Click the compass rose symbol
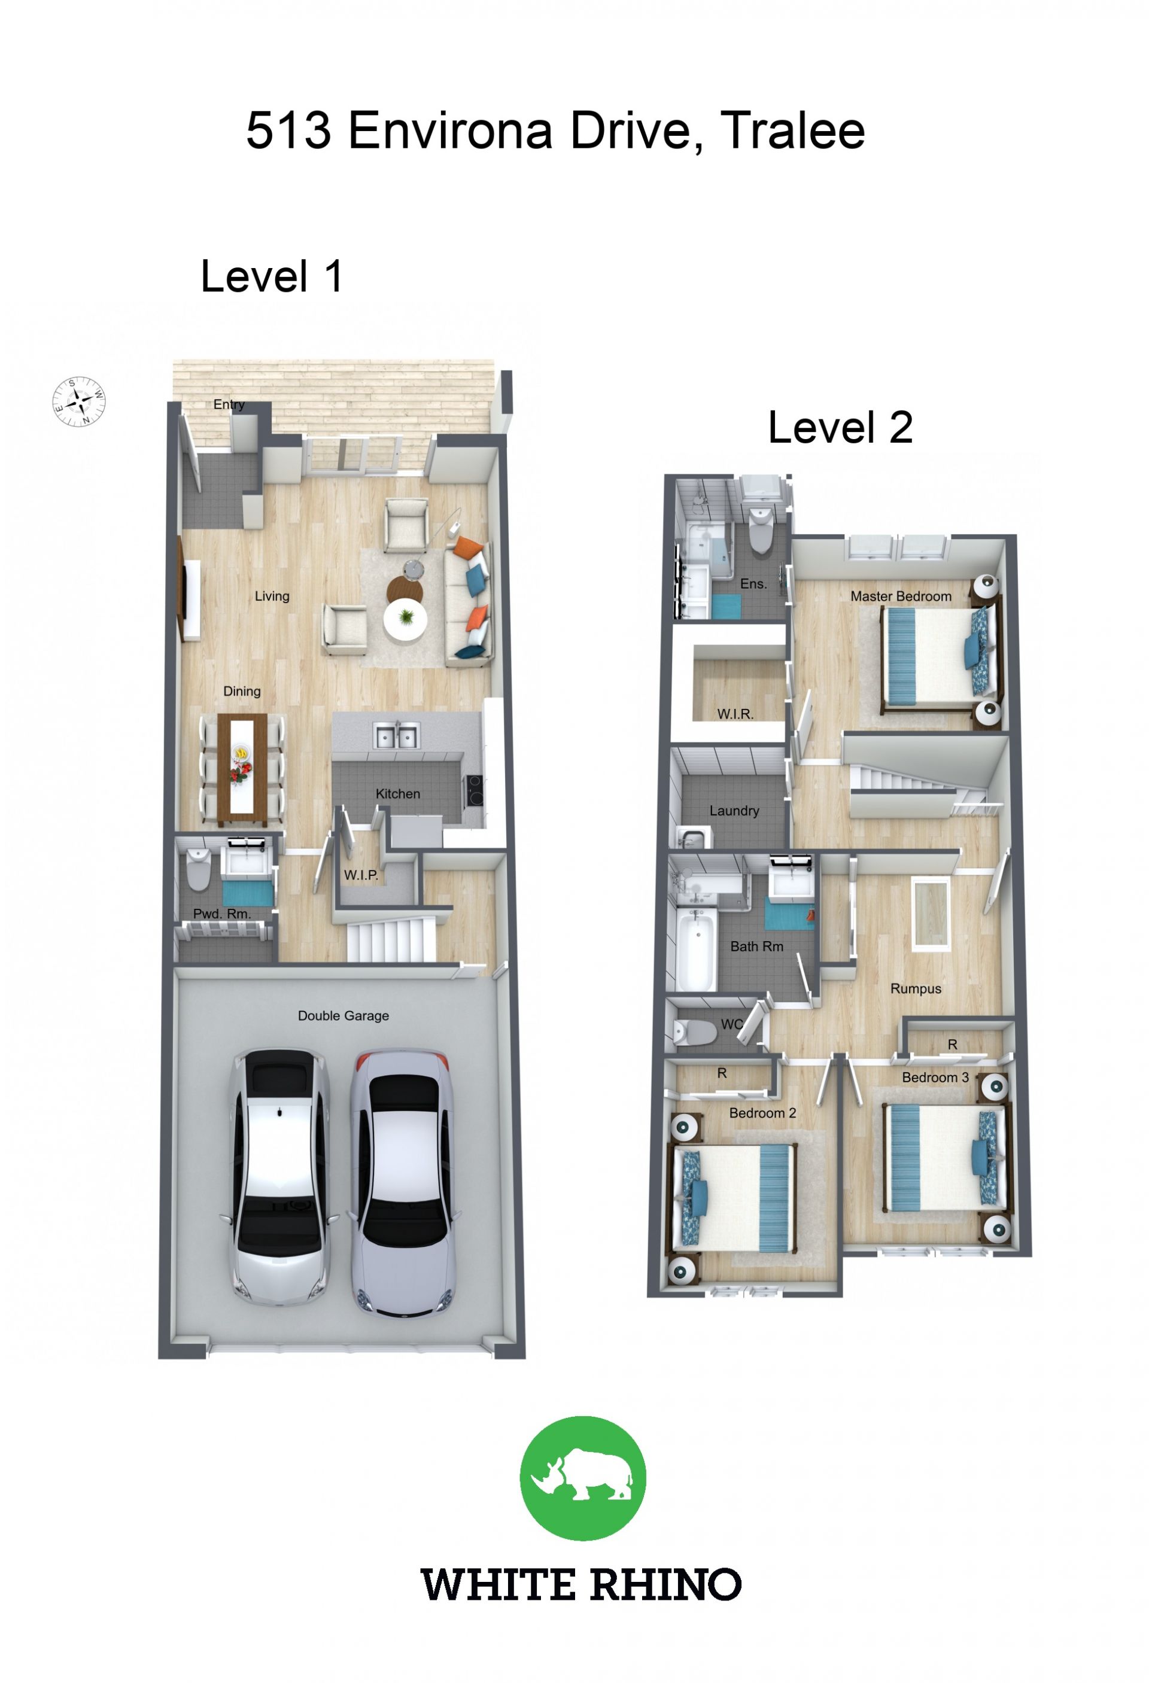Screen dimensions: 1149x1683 pyautogui.click(x=79, y=401)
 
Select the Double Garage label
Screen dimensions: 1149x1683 pyautogui.click(x=344, y=1016)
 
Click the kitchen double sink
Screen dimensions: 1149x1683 pyautogui.click(x=396, y=736)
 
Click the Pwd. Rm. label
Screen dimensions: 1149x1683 pyautogui.click(x=221, y=914)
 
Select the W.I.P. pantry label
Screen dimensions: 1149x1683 pyautogui.click(x=361, y=875)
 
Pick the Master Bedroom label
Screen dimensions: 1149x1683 pyautogui.click(x=901, y=596)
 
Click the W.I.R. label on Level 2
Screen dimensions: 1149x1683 pyautogui.click(x=735, y=714)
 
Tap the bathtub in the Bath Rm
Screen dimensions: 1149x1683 pyautogui.click(x=695, y=949)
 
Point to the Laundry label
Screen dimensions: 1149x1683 pyautogui.click(x=734, y=811)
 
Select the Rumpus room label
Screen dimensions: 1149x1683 pyautogui.click(x=916, y=989)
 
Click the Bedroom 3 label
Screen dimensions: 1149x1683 pyautogui.click(x=935, y=1078)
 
